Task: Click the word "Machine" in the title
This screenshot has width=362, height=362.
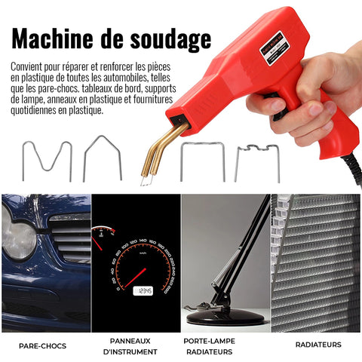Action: tap(52, 38)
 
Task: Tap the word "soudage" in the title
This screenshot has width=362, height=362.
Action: tap(170, 40)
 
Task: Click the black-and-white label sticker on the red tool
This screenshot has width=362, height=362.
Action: tap(275, 48)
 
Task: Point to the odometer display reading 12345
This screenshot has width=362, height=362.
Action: tap(143, 291)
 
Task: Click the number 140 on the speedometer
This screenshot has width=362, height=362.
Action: tap(143, 241)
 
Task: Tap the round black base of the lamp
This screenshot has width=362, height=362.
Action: tap(225, 318)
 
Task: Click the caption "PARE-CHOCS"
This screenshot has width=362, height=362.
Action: tap(42, 346)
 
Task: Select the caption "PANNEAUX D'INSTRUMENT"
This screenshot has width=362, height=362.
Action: tap(130, 346)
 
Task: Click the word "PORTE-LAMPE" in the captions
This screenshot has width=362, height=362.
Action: tap(209, 341)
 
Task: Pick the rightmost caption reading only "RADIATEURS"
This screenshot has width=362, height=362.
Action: tap(318, 345)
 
